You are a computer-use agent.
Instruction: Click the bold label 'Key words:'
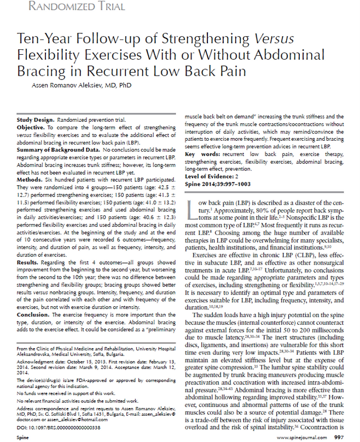click(200, 155)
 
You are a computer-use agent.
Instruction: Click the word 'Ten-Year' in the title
click(45, 40)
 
